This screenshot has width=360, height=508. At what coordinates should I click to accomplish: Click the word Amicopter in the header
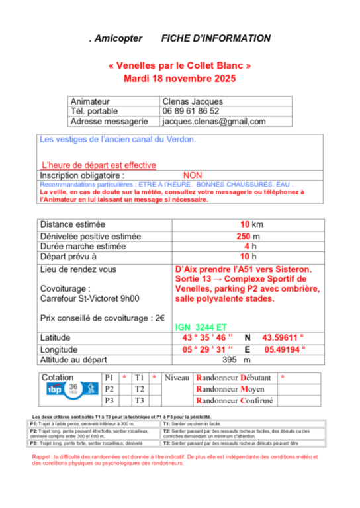[118, 39]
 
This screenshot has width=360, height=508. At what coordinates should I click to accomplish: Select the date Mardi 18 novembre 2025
[180, 79]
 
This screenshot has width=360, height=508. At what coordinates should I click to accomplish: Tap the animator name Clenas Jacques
[193, 101]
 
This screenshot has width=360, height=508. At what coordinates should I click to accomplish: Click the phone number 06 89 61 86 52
[191, 111]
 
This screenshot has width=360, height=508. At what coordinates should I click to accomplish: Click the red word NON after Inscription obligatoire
[192, 175]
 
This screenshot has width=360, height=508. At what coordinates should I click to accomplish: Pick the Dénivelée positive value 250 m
[249, 236]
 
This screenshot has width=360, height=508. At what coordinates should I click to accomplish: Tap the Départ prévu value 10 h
[249, 257]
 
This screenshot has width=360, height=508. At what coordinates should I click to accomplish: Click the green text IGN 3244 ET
[201, 327]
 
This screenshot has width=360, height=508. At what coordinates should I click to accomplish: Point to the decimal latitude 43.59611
[283, 337]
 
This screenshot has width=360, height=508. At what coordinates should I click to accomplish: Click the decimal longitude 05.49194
[285, 349]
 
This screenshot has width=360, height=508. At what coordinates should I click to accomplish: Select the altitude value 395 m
[237, 360]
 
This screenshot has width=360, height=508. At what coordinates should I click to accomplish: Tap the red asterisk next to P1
[124, 378]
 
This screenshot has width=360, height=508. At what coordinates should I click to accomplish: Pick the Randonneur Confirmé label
[236, 400]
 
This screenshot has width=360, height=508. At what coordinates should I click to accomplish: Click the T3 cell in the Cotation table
[140, 400]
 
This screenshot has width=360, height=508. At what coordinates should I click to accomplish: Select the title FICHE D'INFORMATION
[216, 39]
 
